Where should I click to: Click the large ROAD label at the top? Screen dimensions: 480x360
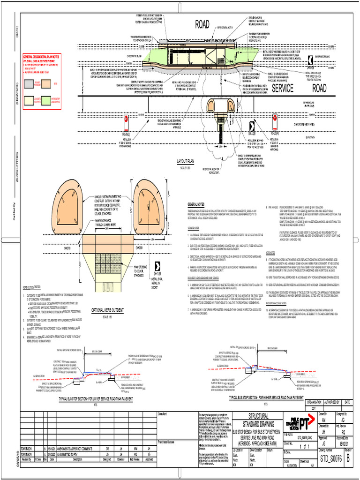click(202, 25)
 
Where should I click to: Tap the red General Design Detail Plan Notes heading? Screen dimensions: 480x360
click(42, 57)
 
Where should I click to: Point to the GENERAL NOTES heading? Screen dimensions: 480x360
click(195, 205)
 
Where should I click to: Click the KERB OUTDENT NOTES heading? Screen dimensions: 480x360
click(32, 287)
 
